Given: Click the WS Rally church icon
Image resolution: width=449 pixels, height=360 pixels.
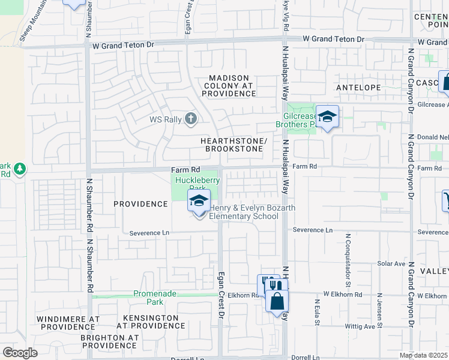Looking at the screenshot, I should pyautogui.click(x=191, y=118).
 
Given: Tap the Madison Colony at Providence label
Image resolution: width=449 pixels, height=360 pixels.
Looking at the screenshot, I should pyautogui.click(x=232, y=86).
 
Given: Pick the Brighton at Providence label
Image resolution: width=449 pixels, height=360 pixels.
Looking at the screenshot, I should pyautogui.click(x=110, y=341).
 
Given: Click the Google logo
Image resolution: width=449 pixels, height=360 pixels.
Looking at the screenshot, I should pyautogui.click(x=20, y=353).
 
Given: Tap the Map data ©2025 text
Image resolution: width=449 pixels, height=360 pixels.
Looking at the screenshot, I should pyautogui.click(x=423, y=356).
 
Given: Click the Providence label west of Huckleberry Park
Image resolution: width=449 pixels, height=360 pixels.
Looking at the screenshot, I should pyautogui.click(x=140, y=204).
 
